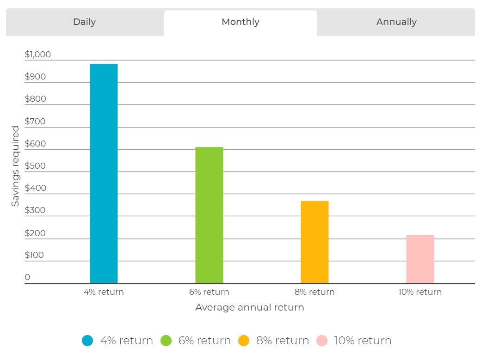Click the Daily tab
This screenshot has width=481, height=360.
pos(85,22)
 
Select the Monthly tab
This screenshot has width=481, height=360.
pos(240,22)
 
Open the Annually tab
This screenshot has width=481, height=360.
pos(396,22)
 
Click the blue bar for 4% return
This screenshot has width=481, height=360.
pos(104,174)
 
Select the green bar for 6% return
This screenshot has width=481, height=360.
pos(209,215)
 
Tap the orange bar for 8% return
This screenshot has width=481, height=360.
pos(315,242)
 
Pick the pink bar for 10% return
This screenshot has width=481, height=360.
pos(420,259)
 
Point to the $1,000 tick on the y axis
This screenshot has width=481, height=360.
pos(38,55)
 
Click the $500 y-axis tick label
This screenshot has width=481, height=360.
pos(35,166)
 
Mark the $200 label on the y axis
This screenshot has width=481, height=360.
pos(35,233)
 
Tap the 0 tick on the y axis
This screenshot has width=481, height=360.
pos(28,277)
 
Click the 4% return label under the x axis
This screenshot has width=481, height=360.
pos(104,292)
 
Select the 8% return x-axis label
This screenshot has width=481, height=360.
pos(315,292)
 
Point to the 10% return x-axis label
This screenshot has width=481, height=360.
pos(420,292)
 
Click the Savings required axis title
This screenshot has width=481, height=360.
pos(15,166)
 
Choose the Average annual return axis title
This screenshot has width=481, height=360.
pos(250,307)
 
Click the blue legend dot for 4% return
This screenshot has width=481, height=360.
pos(87,341)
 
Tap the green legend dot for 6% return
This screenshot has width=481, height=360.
pos(166,341)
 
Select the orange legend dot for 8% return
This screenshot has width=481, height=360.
pos(244,341)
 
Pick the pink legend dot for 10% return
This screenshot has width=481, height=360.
pos(322,341)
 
